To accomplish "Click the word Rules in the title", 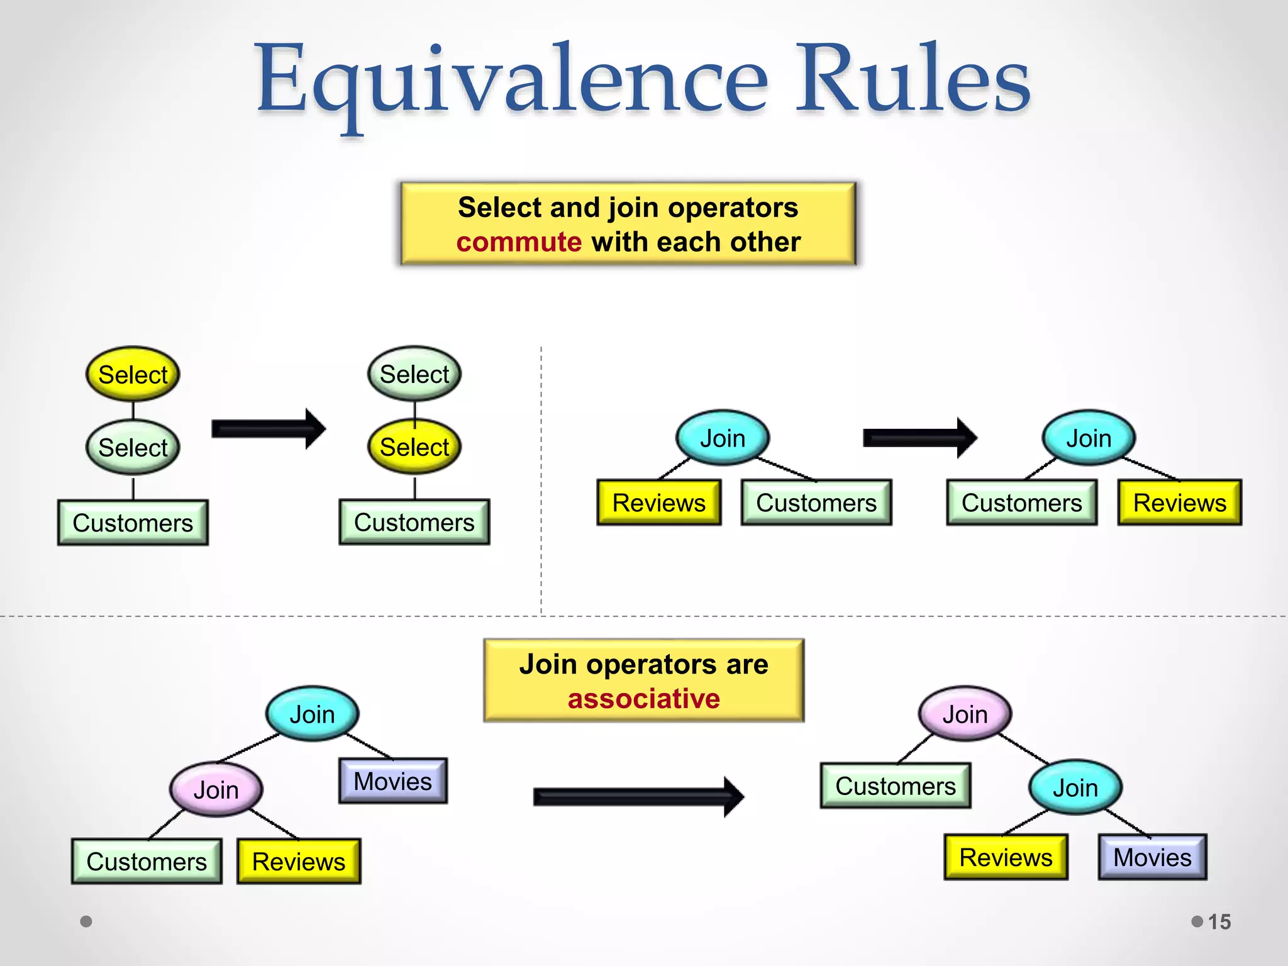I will [x=912, y=79].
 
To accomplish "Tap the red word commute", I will [x=519, y=242].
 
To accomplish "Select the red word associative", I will [x=643, y=699].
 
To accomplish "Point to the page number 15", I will [x=1219, y=922].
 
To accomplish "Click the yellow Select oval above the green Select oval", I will [x=133, y=375].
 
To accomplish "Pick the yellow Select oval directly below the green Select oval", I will [x=414, y=447].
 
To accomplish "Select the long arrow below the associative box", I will [x=638, y=797].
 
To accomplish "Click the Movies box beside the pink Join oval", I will [x=393, y=781].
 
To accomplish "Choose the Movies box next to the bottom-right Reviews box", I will [x=1152, y=857].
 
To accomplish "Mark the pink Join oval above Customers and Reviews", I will [x=216, y=790].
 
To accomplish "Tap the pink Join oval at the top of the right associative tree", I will [x=965, y=714].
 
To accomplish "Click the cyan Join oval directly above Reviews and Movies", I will [x=1075, y=787].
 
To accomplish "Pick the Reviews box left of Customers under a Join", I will [x=658, y=503].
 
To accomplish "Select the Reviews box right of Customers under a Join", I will [x=1179, y=503].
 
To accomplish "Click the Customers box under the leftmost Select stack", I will [x=133, y=523].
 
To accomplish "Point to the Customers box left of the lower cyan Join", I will [x=896, y=786].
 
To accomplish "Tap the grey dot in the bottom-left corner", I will [x=86, y=921].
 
